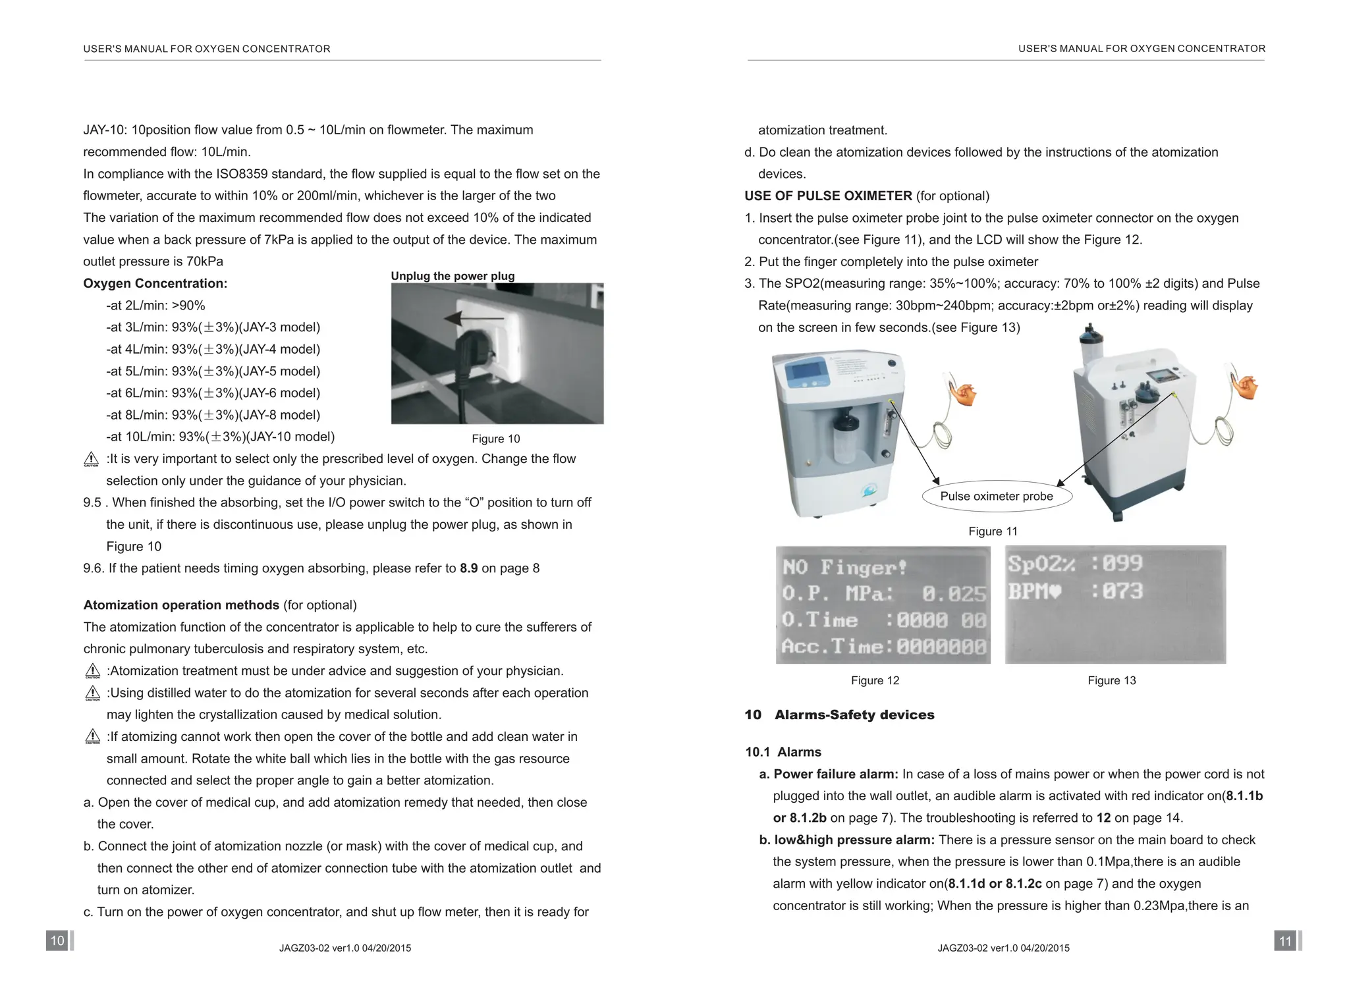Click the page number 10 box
[x=57, y=940]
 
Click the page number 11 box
[x=1285, y=940]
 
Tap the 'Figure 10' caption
[x=495, y=439]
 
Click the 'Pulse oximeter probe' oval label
[x=996, y=497]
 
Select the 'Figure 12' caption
[x=875, y=680]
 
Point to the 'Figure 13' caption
[x=1111, y=680]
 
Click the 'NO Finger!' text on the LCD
[x=844, y=567]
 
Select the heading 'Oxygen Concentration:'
[x=155, y=284]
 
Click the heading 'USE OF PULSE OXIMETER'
[x=828, y=196]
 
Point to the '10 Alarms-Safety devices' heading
[x=839, y=715]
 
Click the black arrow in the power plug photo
[x=473, y=319]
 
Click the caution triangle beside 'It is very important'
[x=92, y=460]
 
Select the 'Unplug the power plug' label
[x=453, y=276]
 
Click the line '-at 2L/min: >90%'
[x=155, y=306]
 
